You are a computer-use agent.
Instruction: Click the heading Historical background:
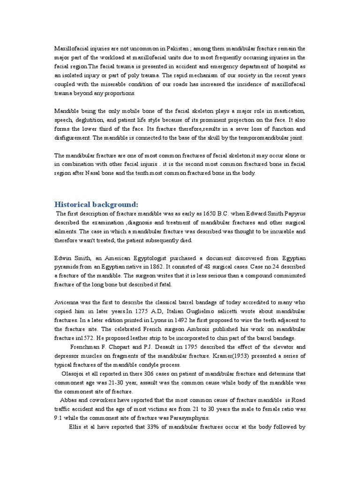(97, 204)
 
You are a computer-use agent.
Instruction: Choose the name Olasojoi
(75, 374)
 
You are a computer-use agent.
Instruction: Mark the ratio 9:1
(60, 418)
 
